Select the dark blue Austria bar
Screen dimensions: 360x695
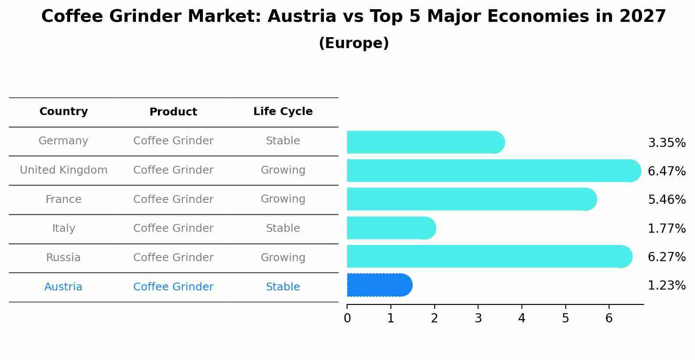pos(379,285)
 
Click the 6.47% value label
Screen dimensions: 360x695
pos(667,171)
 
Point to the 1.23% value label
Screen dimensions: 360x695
pos(667,286)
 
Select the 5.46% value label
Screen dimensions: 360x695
pos(667,200)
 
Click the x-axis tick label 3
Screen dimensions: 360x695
pos(478,318)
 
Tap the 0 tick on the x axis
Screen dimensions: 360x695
pos(347,318)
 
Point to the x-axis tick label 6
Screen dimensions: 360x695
pos(609,318)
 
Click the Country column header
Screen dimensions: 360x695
pos(64,112)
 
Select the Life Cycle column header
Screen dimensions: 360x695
pos(283,112)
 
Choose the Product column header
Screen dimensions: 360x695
pos(173,112)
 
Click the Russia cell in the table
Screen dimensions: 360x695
pos(64,258)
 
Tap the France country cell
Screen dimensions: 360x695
pos(64,199)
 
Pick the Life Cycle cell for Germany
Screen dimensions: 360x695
pos(283,141)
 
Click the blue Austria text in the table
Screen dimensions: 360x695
pos(64,287)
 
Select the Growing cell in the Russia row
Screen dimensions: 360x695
pos(283,258)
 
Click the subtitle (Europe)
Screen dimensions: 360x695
pos(354,43)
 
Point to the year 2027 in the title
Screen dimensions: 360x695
pos(642,17)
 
